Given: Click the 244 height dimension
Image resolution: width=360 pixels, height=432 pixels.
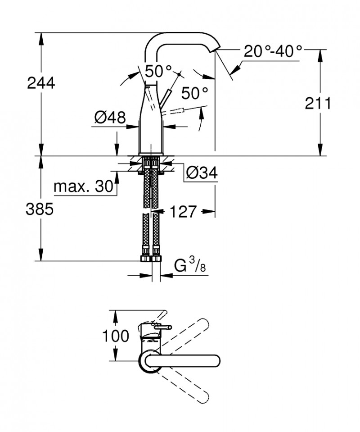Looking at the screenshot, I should pos(41,83).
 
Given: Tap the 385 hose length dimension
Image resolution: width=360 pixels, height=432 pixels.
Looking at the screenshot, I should pos(41,208).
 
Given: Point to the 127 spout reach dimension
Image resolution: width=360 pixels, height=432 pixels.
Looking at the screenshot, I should pos(184,210).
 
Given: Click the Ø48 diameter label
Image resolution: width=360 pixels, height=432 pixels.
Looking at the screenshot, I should pos(109,118).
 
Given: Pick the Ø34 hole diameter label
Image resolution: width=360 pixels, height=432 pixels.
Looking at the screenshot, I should pos(201,173).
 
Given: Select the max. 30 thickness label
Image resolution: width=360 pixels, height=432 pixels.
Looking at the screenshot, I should pos(83,186).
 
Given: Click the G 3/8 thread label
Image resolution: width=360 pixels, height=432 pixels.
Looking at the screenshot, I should pos(189,267).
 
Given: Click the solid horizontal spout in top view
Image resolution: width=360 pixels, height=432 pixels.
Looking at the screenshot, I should pos(189,361).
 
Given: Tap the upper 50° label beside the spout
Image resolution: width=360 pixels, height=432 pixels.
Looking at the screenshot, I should pos(158,71).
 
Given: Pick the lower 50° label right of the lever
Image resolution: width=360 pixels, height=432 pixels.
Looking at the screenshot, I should pos(195,94).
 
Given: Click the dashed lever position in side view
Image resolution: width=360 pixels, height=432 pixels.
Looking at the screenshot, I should pos(183,109).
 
